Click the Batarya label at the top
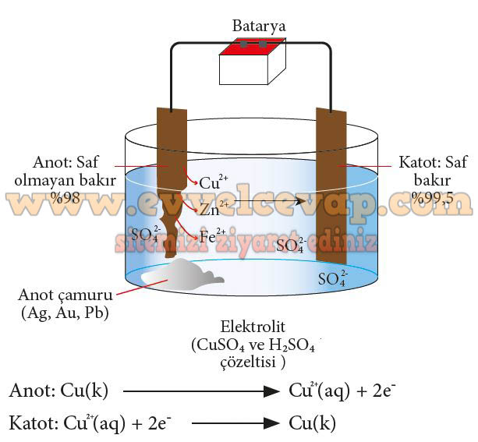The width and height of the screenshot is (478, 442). [x=259, y=26]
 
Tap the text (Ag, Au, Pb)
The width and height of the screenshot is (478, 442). [x=65, y=313]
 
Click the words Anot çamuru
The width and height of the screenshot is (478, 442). [x=65, y=295]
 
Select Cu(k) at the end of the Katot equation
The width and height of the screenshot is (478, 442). [x=312, y=424]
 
